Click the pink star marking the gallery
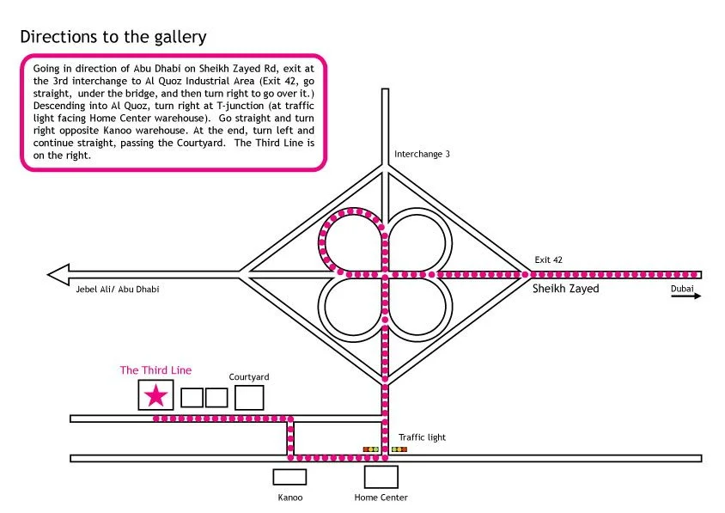[x=155, y=395]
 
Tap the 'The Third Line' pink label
[x=155, y=370]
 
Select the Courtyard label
[x=249, y=376]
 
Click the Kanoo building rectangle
[x=289, y=477]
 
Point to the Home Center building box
[x=381, y=477]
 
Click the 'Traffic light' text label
[x=422, y=437]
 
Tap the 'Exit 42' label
[x=548, y=259]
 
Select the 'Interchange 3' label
[x=422, y=154]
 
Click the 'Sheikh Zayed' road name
[x=565, y=289]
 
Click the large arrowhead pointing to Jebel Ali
[x=59, y=275]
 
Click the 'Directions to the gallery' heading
[x=113, y=37]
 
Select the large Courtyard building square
[x=249, y=397]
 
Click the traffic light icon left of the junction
[x=371, y=449]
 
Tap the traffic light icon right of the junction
[x=399, y=449]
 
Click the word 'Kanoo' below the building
[x=289, y=498]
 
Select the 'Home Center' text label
[x=381, y=498]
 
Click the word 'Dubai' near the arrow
[x=684, y=289]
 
